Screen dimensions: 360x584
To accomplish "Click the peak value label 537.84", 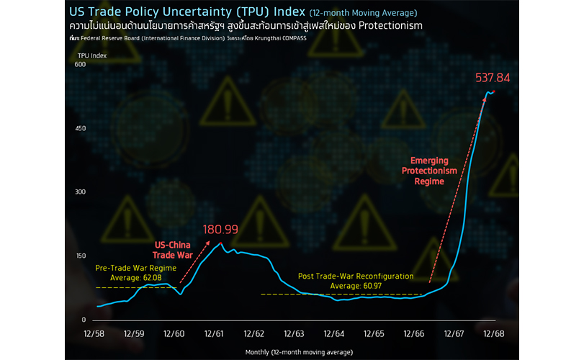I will click(x=493, y=78).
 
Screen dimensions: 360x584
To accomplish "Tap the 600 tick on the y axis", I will click(x=80, y=65).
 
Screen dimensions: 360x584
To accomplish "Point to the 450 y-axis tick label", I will click(x=80, y=129).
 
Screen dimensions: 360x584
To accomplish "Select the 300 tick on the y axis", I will click(x=80, y=192).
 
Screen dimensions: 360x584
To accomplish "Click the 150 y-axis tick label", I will click(x=80, y=256).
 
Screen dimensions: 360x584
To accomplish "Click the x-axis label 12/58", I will click(x=94, y=333).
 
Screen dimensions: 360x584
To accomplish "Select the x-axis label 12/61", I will click(x=215, y=333).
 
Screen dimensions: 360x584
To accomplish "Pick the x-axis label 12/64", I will click(x=334, y=333).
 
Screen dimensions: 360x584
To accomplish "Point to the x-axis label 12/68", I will click(x=494, y=333).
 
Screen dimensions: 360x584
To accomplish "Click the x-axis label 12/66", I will click(x=414, y=333).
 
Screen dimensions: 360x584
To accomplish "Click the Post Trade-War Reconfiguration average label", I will click(x=356, y=281).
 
